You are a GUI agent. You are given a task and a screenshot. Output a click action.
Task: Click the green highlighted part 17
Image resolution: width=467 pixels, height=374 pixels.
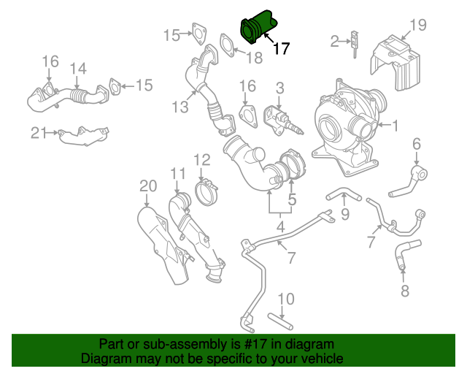pos(257,26)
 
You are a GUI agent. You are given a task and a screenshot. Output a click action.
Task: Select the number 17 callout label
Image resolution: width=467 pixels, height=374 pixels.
pos(281,49)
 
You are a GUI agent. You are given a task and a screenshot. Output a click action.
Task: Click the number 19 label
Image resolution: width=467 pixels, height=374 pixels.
pos(417,26)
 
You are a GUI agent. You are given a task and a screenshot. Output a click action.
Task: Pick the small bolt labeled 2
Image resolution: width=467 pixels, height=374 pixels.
pos(354,42)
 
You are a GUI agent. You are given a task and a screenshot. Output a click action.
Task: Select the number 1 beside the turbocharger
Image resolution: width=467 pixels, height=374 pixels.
pos(395,126)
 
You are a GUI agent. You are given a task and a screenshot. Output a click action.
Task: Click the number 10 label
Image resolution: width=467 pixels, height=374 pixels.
pos(285,298)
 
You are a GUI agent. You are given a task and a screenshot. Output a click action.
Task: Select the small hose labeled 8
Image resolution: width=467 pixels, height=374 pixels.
pos(401,258)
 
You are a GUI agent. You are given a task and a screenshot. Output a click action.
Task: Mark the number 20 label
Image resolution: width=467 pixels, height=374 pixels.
pos(147,187)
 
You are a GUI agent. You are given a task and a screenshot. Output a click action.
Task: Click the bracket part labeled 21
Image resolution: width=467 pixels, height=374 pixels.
pos(82,136)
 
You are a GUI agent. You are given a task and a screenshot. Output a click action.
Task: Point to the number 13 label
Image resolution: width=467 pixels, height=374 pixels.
pos(180,107)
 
